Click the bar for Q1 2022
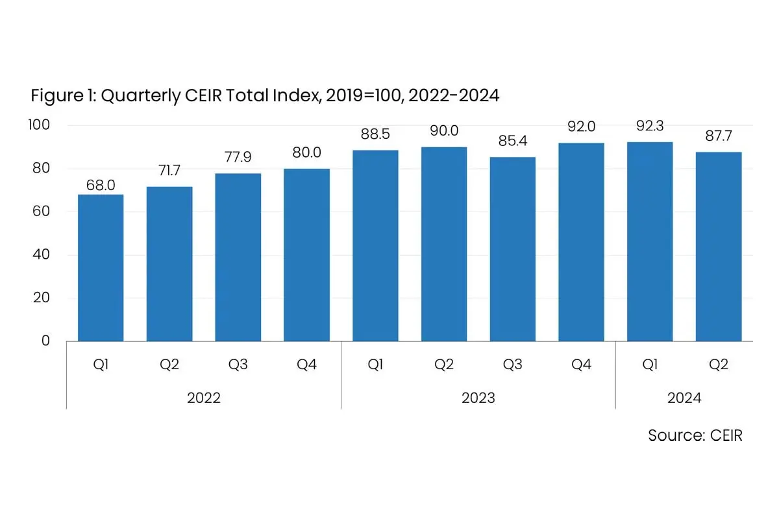click(x=101, y=268)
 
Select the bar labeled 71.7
click(x=169, y=264)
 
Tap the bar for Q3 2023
click(x=513, y=249)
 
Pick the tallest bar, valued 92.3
click(x=650, y=241)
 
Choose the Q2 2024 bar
click(x=719, y=247)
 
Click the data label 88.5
click(x=375, y=134)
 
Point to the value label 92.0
click(x=581, y=127)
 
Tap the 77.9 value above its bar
click(x=238, y=157)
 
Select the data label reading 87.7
click(x=719, y=136)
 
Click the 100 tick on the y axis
click(x=39, y=125)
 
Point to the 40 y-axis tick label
click(x=41, y=254)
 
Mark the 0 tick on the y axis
click(x=45, y=341)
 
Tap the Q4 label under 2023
click(x=581, y=365)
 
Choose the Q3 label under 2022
click(x=238, y=365)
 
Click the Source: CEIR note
click(x=695, y=435)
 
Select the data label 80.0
click(x=306, y=152)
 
